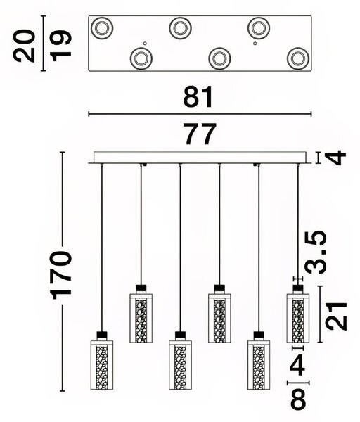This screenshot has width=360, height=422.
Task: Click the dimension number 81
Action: [198, 96]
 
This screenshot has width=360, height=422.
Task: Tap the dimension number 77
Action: [200, 134]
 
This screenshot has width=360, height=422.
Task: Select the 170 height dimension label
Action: [62, 275]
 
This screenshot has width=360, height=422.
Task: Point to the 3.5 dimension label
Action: [315, 252]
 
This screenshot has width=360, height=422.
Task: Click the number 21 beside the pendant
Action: [336, 316]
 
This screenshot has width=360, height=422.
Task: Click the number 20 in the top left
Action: [24, 46]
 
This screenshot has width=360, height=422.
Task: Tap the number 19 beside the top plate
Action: [61, 46]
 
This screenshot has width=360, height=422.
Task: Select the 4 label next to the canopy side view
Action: [336, 158]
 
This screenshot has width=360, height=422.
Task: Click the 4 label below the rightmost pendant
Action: [297, 366]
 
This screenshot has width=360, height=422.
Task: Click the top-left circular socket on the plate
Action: [102, 28]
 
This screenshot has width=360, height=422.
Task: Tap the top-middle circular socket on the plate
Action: [180, 28]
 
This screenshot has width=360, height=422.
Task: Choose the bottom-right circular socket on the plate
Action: [298, 58]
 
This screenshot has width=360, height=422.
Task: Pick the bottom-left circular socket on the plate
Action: [141, 58]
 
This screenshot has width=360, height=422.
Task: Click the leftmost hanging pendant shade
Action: [101, 365]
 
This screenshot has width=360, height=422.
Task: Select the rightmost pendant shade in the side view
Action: [298, 319]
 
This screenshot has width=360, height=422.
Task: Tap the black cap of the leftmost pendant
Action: [101, 336]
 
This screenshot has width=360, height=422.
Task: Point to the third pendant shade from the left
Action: [180, 365]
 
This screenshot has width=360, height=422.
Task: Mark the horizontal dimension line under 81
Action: [200, 114]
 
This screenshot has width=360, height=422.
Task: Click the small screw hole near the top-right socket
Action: [255, 43]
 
